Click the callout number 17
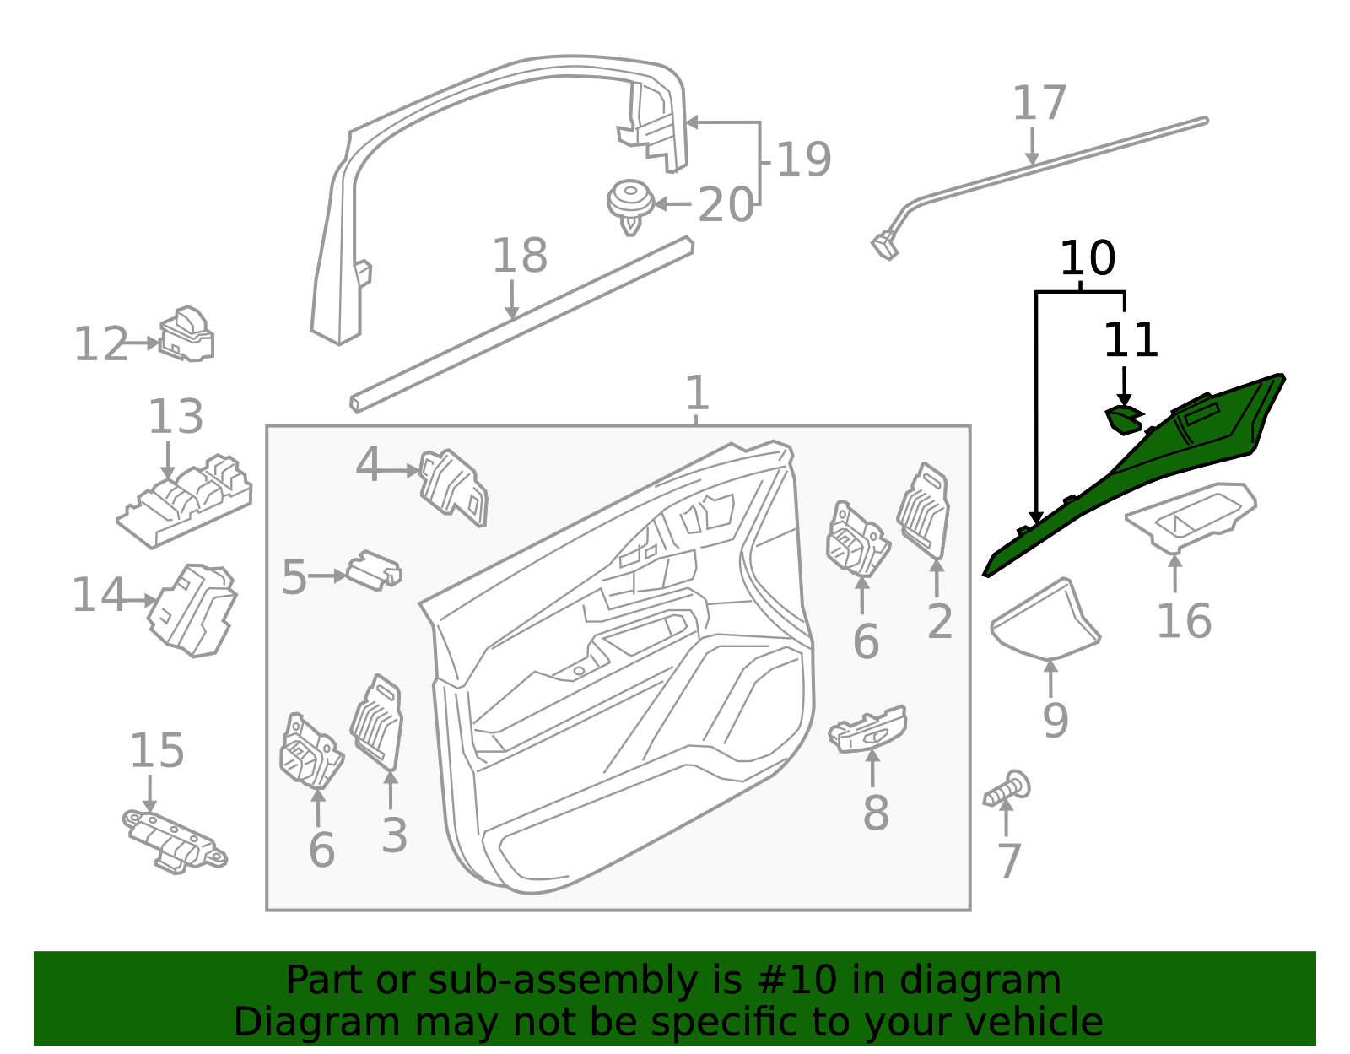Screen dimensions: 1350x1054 coord(1039,103)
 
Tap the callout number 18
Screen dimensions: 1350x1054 coord(520,255)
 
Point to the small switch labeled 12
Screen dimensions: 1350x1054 coord(186,334)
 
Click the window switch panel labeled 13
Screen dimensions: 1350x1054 coord(185,500)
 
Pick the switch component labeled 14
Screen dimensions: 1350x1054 coord(192,610)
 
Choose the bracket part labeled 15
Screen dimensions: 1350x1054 coord(175,842)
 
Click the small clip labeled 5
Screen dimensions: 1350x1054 coord(375,570)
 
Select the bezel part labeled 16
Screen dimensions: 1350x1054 coord(1191,516)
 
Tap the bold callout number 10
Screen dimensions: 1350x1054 coord(1088,258)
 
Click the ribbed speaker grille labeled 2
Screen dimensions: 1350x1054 coord(924,511)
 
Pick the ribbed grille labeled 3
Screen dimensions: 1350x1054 coord(377,722)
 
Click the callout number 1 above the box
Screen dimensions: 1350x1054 coord(696,392)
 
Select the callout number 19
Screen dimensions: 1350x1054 coord(803,159)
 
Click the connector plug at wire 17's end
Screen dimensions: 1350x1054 coord(885,245)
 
